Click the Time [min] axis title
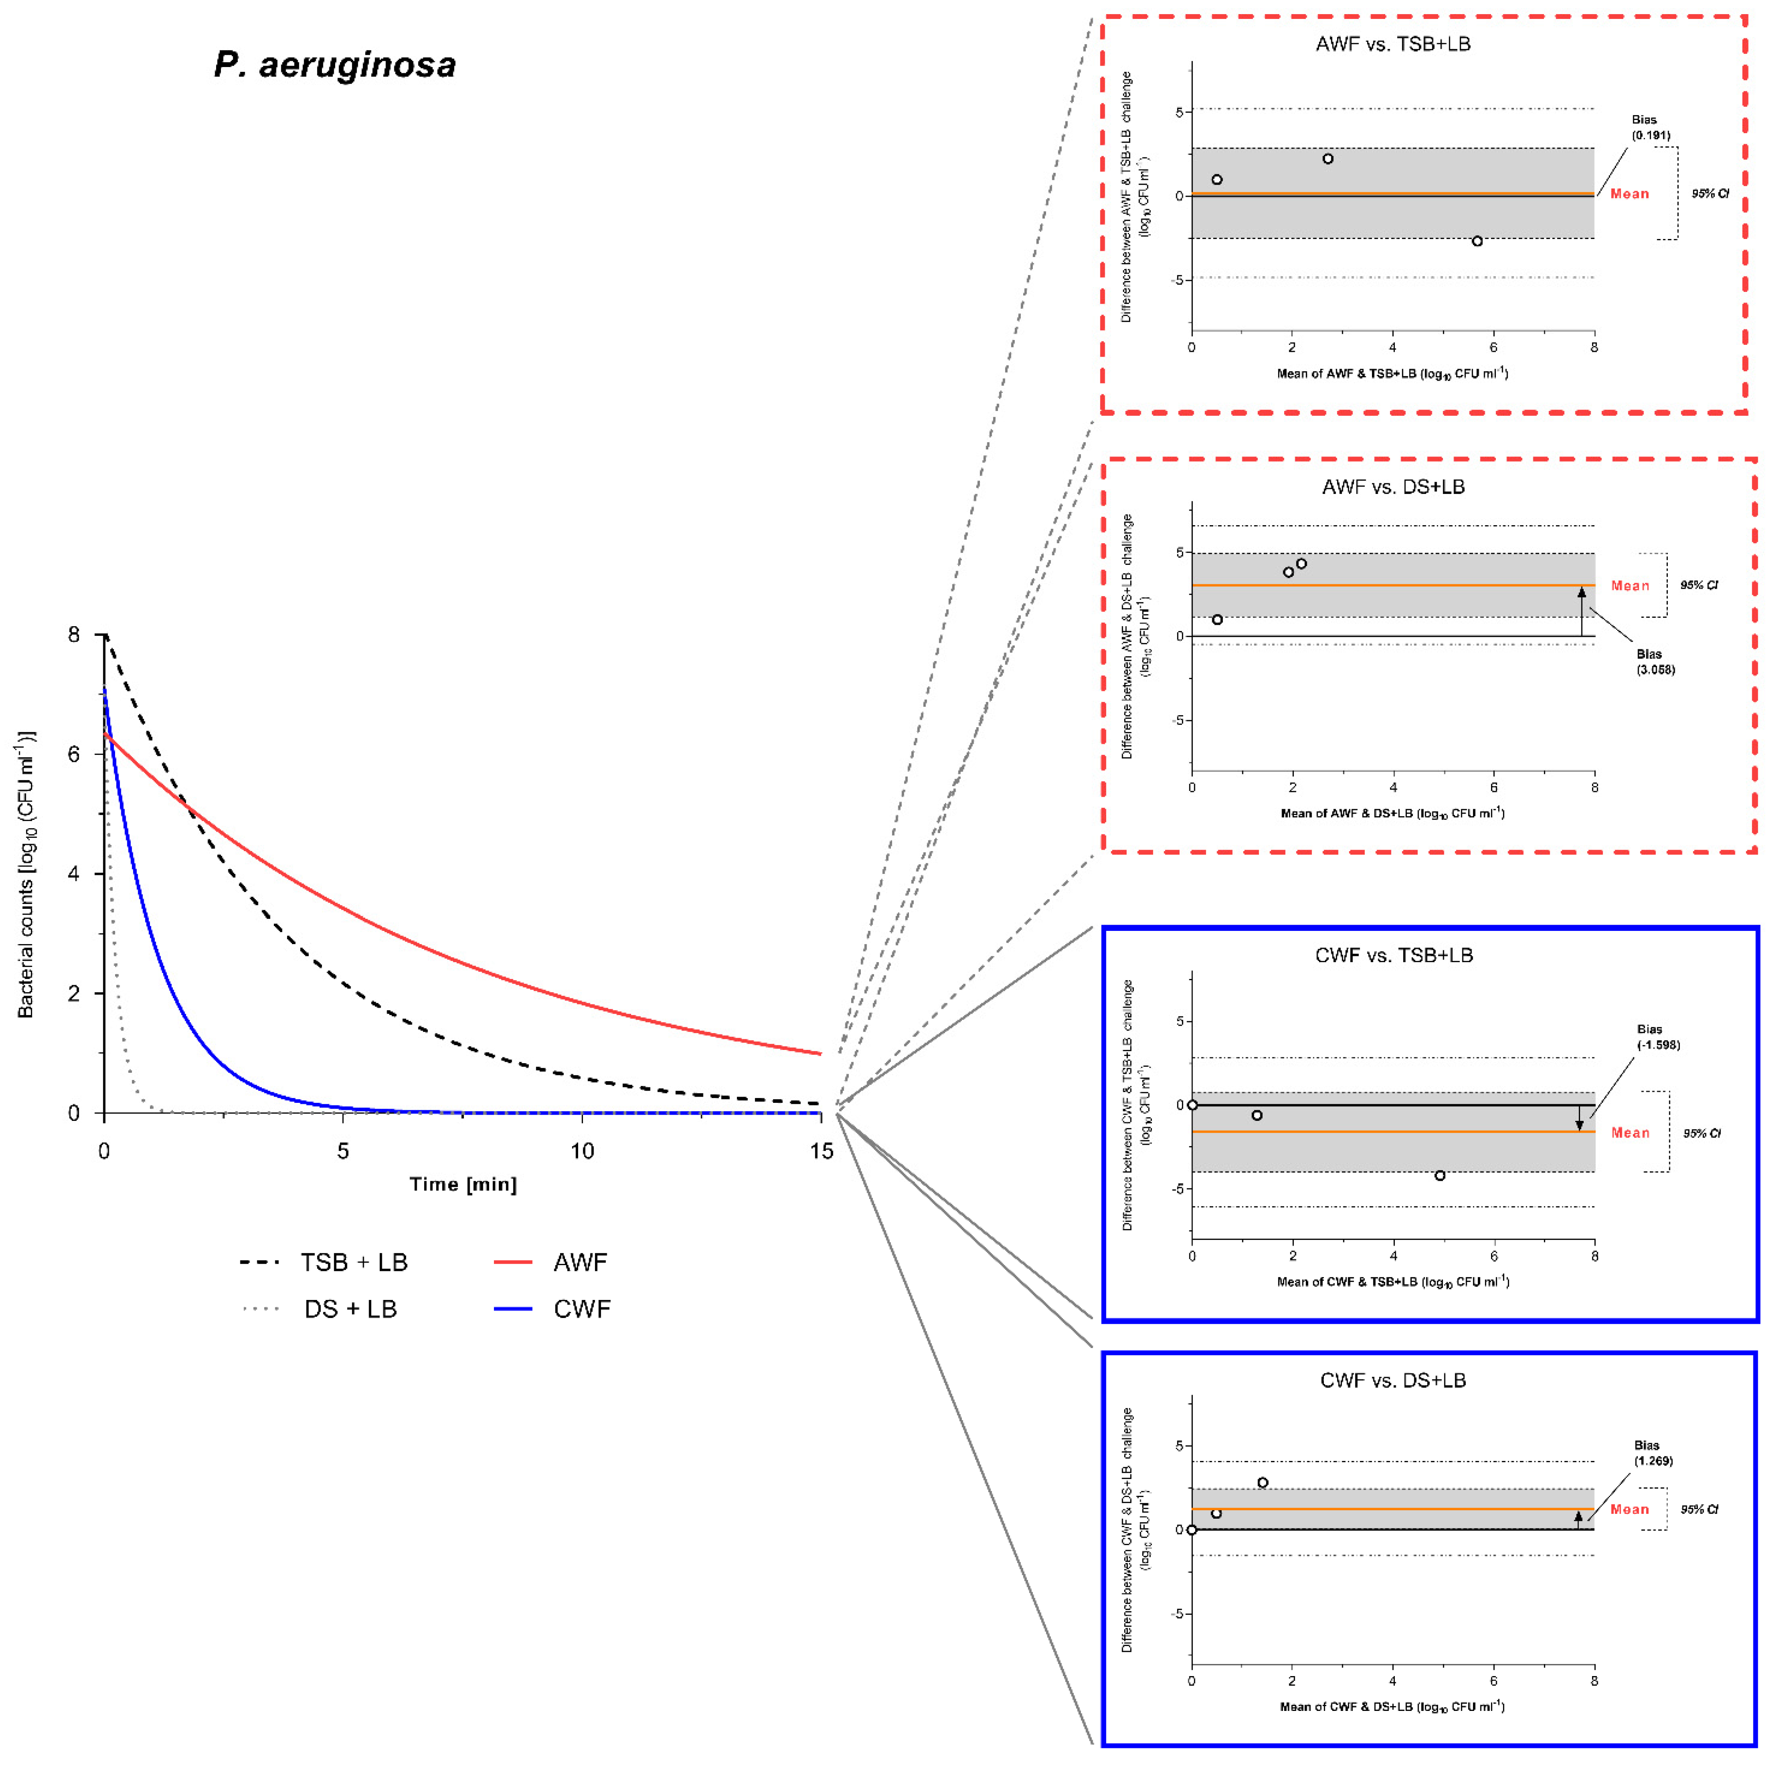point(463,1184)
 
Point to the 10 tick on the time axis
point(582,1151)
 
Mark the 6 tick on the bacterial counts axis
point(74,754)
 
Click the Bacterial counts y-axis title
point(26,875)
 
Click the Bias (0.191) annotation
point(1650,127)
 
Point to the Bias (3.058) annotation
point(1655,662)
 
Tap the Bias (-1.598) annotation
point(1657,1037)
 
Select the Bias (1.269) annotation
point(1653,1453)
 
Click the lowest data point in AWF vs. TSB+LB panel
point(1477,241)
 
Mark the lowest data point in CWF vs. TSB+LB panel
point(1439,1176)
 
